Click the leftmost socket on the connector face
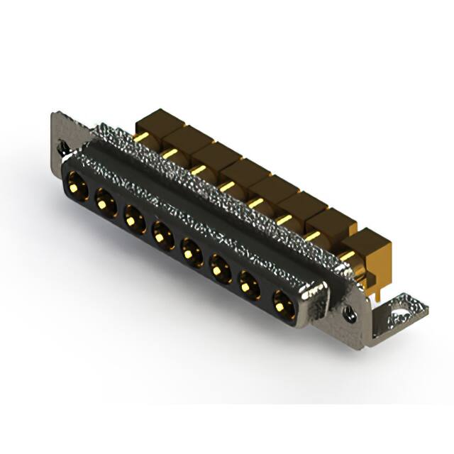pyautogui.click(x=77, y=188)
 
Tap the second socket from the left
pyautogui.click(x=105, y=203)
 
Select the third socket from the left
pyautogui.click(x=135, y=217)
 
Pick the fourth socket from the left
pyautogui.click(x=163, y=233)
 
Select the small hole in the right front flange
pyautogui.click(x=350, y=312)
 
